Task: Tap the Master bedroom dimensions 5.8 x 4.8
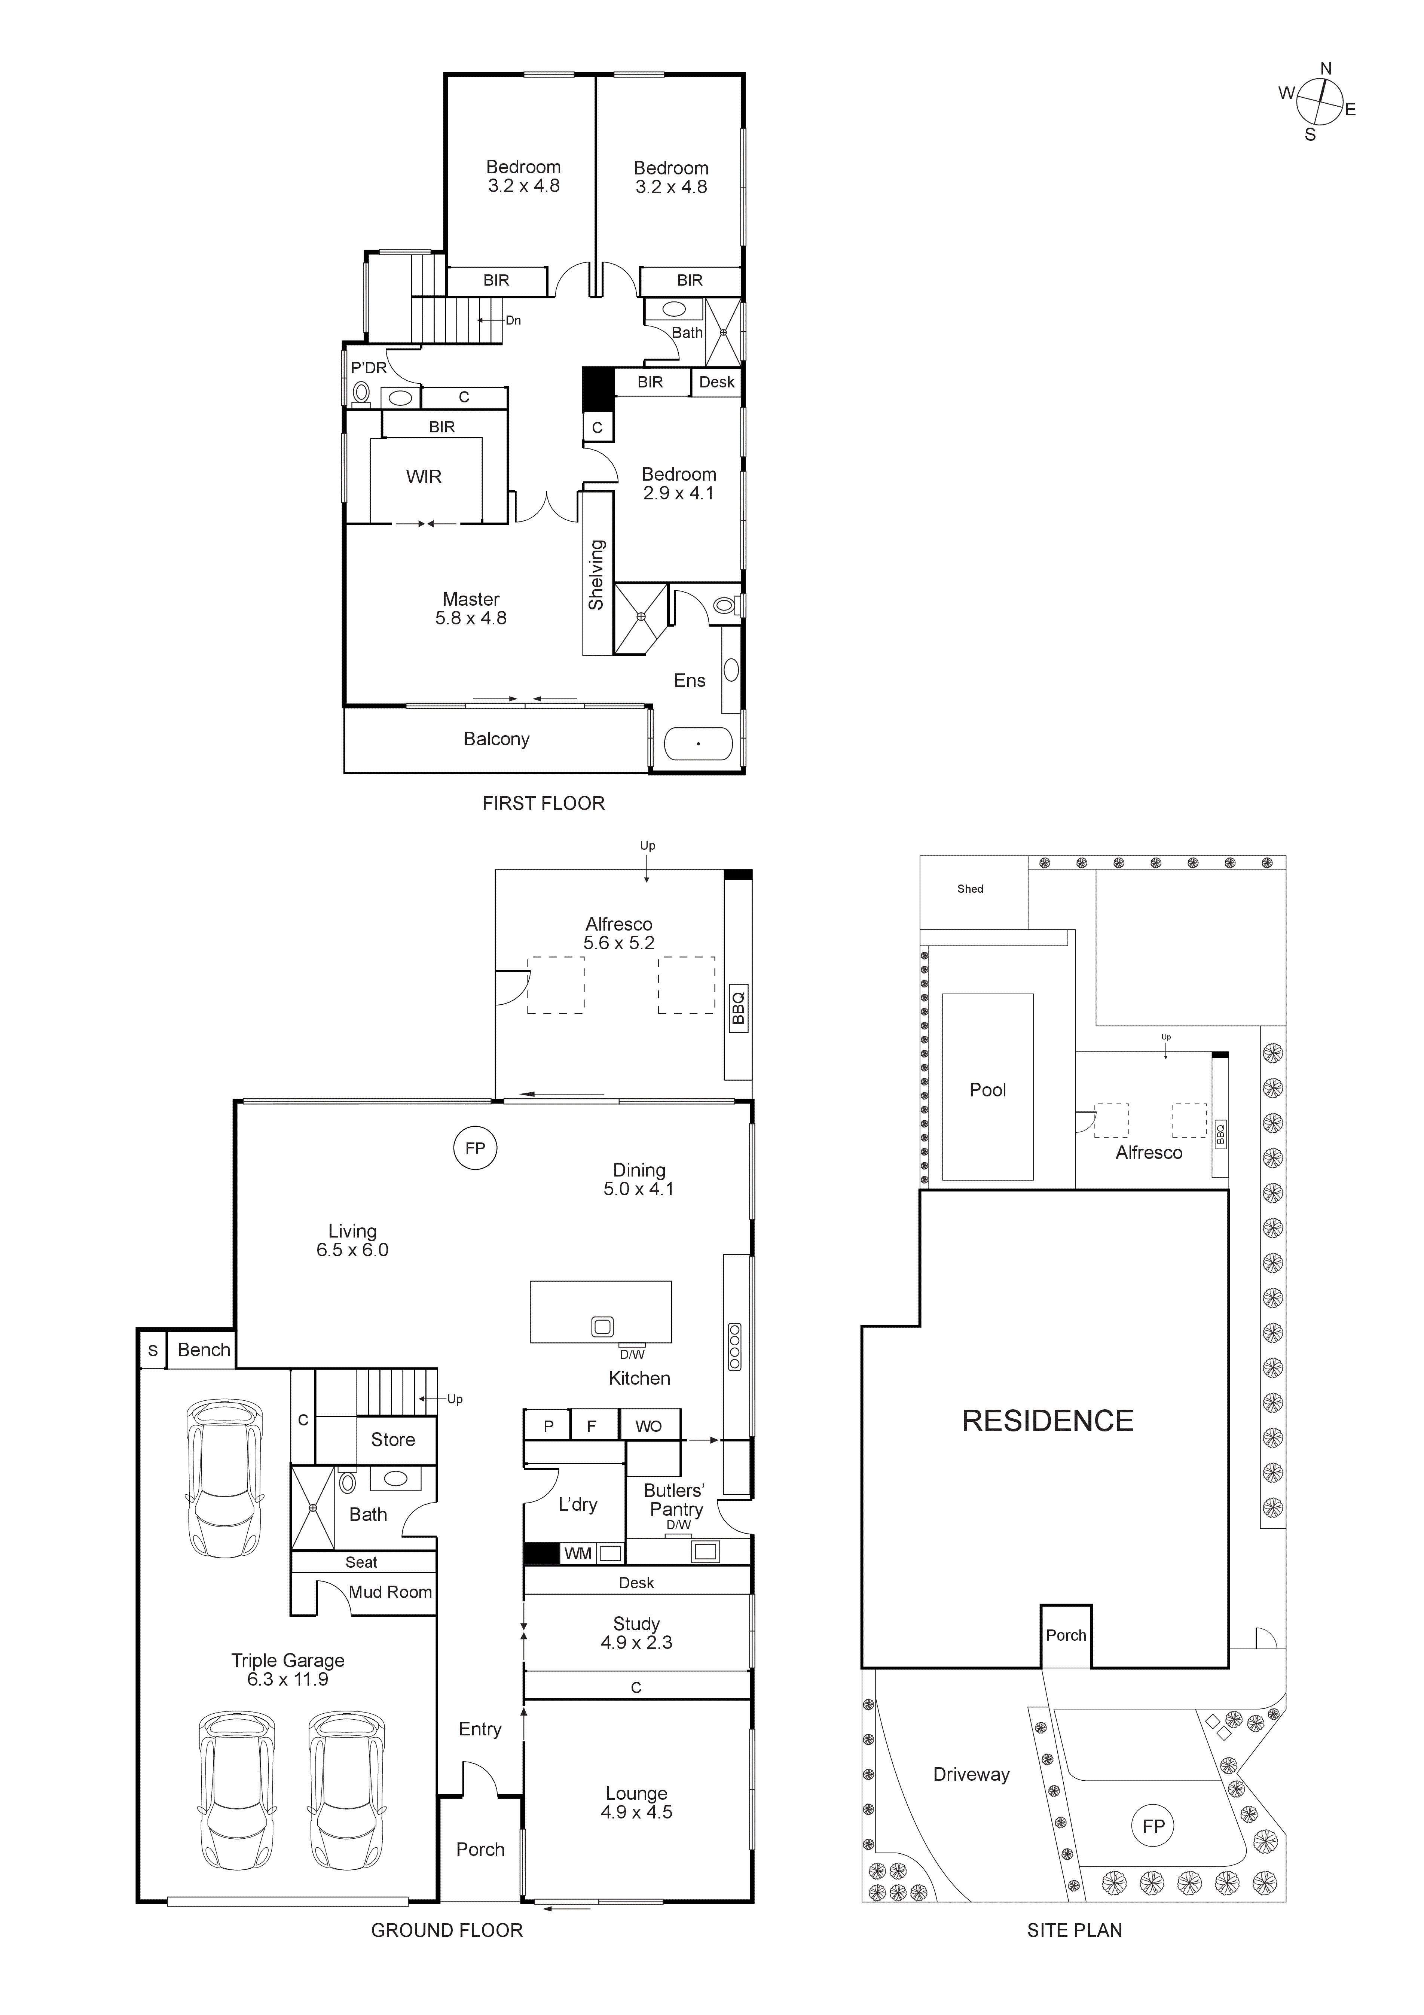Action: tap(471, 619)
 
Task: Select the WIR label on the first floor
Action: tap(424, 477)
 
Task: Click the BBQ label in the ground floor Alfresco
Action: tap(738, 1008)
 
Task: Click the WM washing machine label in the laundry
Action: tap(577, 1553)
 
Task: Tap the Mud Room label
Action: tap(391, 1592)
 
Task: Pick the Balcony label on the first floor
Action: tap(496, 740)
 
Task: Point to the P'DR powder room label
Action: tap(369, 368)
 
